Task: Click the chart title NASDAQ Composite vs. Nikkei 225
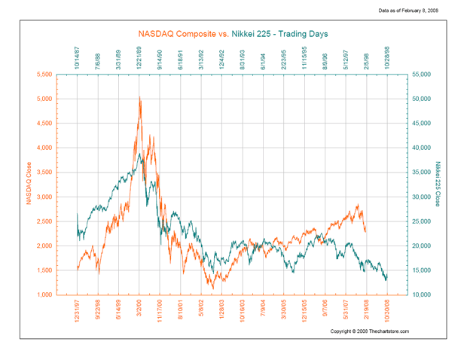click(x=233, y=34)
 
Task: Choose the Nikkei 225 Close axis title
click(x=438, y=185)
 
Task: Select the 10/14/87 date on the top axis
click(x=77, y=57)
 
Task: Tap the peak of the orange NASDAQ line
click(x=139, y=97)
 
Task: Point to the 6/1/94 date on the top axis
click(x=263, y=60)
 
